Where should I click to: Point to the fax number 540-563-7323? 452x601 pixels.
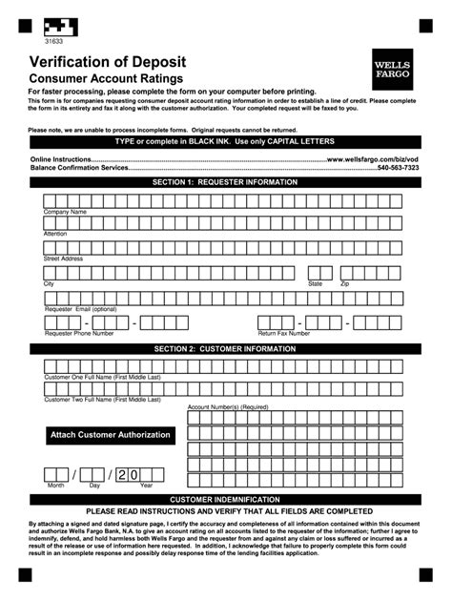click(424, 167)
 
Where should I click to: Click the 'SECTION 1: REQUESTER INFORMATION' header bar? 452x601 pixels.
click(226, 181)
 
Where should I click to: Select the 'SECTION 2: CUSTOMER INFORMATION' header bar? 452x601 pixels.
click(226, 349)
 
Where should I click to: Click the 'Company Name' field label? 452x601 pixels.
click(65, 212)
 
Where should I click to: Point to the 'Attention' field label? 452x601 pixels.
click(55, 234)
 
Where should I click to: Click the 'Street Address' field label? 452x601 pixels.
click(63, 259)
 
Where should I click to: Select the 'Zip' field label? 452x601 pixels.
click(345, 284)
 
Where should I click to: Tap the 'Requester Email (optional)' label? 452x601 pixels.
click(80, 309)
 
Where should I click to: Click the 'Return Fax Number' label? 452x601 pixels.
click(283, 333)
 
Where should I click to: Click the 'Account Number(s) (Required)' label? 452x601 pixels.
click(228, 406)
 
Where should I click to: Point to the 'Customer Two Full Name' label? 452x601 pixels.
click(103, 401)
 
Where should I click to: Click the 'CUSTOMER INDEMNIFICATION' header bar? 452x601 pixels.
click(226, 499)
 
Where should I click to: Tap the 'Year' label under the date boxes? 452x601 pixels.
click(146, 486)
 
